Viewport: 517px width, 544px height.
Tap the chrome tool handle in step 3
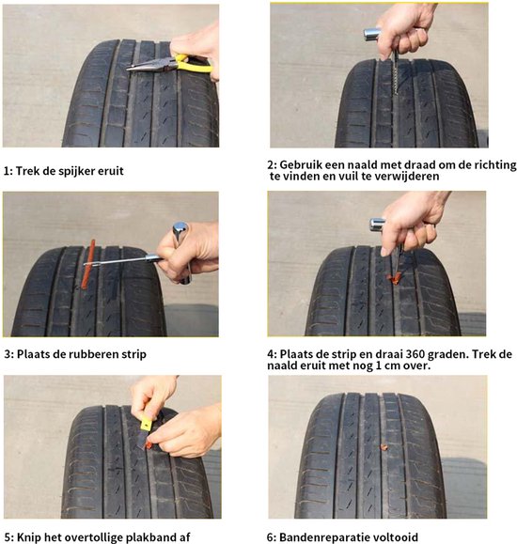(x=179, y=235)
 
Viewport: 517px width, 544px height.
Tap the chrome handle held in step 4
(x=377, y=225)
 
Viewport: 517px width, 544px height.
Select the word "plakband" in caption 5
(x=146, y=537)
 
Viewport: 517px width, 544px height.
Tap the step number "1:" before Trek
(x=8, y=171)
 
